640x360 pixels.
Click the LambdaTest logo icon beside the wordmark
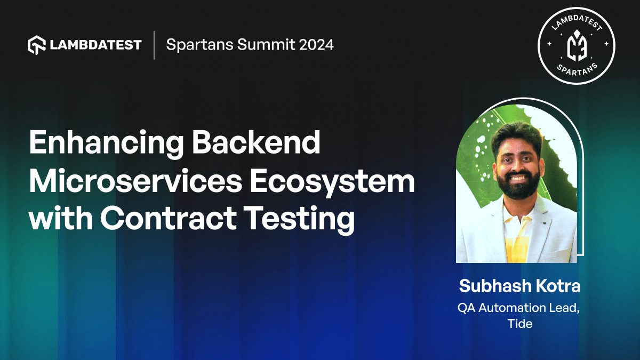tap(36, 45)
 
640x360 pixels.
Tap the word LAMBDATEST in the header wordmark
tap(96, 45)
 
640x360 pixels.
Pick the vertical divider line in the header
tap(154, 45)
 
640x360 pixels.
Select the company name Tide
tap(519, 323)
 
